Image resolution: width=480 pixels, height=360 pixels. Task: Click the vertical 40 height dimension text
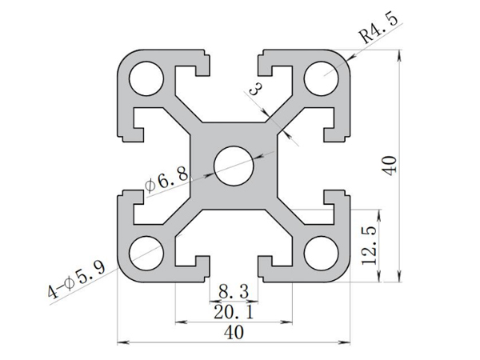click(390, 166)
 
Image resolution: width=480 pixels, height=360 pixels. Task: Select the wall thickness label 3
click(258, 89)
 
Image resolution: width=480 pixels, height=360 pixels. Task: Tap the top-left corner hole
click(146, 77)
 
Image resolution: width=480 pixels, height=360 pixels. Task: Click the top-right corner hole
click(322, 77)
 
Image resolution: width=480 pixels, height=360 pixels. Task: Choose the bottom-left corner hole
click(146, 253)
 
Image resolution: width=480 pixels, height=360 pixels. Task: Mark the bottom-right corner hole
click(322, 253)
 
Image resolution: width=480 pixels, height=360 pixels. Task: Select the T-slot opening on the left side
click(128, 165)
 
